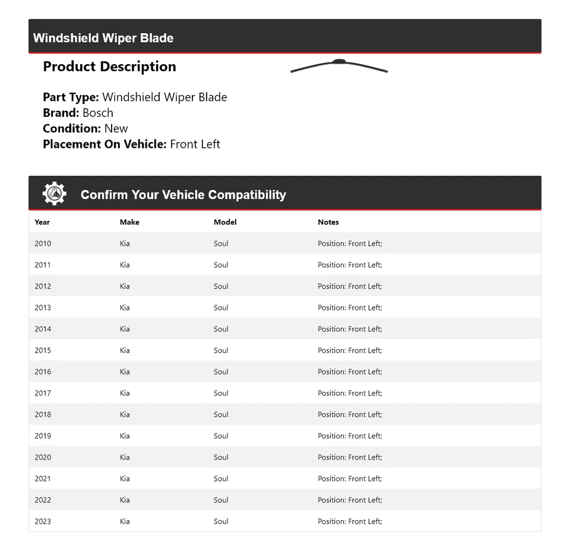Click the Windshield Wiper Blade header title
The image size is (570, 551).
(x=103, y=38)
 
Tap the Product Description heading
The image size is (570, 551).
(x=109, y=66)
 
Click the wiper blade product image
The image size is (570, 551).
(x=339, y=66)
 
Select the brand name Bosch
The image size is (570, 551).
(x=98, y=113)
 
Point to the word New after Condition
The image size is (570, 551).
(x=116, y=128)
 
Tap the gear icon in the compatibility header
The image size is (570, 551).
(x=54, y=194)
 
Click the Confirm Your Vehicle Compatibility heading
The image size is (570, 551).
(x=183, y=195)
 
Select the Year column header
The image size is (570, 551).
(x=42, y=222)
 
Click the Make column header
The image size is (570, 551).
(x=129, y=222)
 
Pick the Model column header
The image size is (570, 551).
(x=225, y=222)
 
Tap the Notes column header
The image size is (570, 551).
(x=328, y=222)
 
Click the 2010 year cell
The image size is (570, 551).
(x=43, y=243)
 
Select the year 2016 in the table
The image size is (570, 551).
(x=43, y=372)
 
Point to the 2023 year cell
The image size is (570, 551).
(x=43, y=521)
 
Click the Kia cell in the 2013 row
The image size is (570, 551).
(x=125, y=308)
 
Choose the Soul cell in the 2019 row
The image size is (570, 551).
(x=221, y=436)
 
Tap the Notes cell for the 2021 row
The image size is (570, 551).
(x=350, y=479)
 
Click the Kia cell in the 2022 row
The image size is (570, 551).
(x=125, y=500)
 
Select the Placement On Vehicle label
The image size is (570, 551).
(x=104, y=144)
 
